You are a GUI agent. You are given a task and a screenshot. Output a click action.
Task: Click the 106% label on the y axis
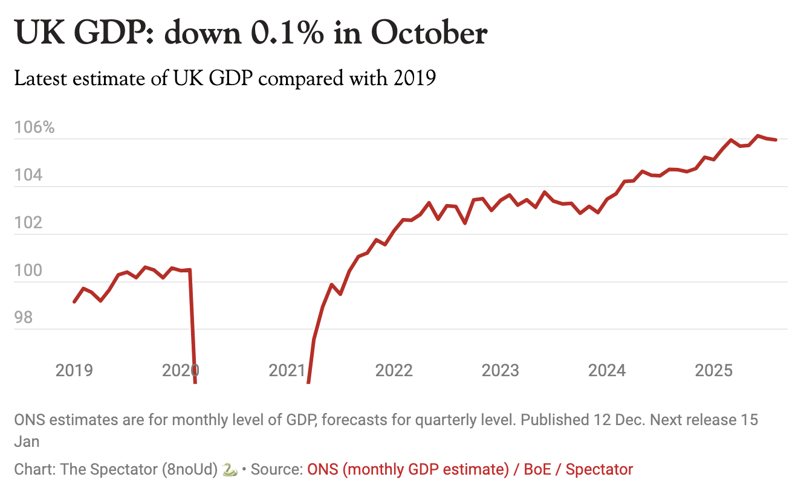point(34,128)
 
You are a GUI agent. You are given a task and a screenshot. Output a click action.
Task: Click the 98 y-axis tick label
point(25,318)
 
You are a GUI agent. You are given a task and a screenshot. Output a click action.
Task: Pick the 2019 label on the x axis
point(74,370)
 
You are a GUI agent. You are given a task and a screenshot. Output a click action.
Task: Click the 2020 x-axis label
point(181,370)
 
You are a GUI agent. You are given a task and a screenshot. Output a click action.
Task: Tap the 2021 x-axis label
point(287,370)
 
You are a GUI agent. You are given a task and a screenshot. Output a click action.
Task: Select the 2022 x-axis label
point(394,370)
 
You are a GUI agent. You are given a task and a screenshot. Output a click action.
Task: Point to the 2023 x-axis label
point(501,370)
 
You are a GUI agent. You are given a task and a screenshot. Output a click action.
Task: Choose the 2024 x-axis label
point(607,370)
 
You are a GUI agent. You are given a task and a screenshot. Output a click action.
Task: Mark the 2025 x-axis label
point(714,370)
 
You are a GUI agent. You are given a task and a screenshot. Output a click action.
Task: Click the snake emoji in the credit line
point(230,469)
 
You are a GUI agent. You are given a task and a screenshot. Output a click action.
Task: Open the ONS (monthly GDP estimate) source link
point(407,469)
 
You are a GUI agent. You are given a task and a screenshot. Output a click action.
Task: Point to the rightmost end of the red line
point(776,140)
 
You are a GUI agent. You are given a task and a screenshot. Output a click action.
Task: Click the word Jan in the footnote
point(27,441)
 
